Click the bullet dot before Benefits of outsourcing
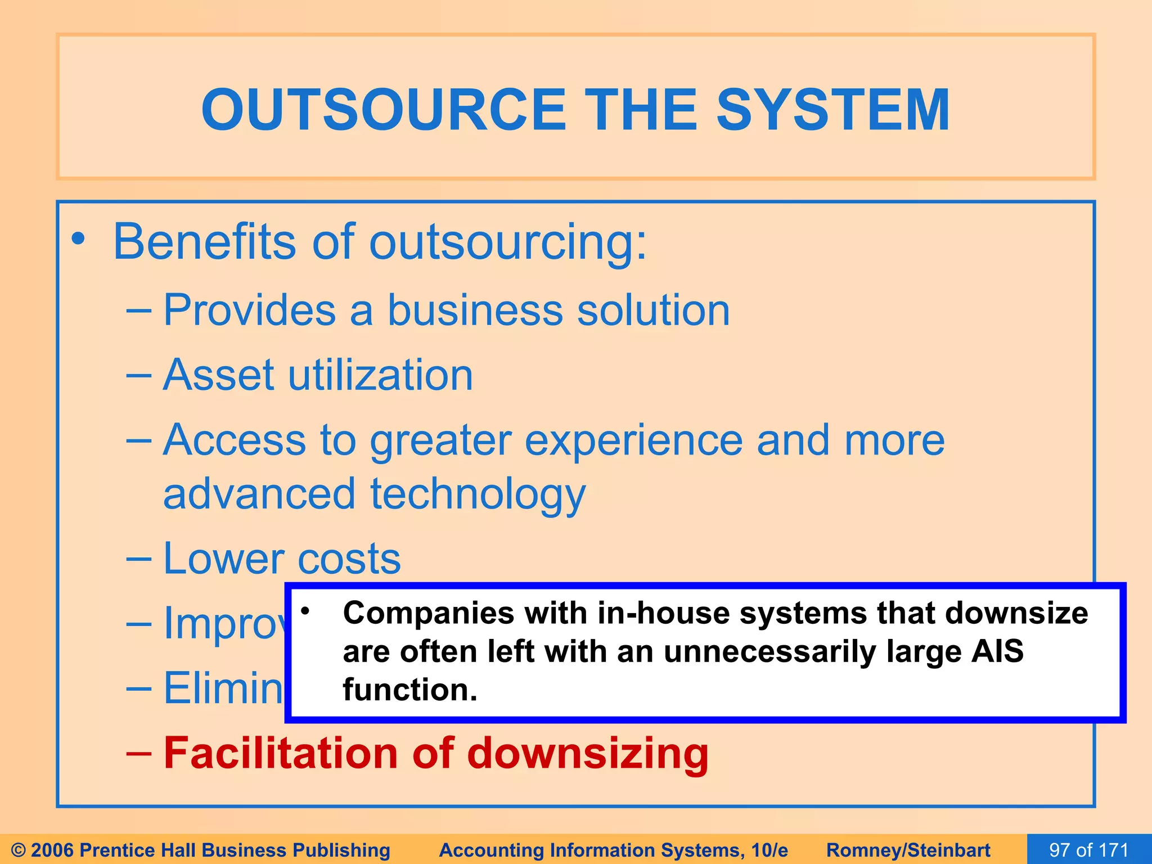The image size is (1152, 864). click(x=78, y=238)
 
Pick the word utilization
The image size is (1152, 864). click(x=380, y=375)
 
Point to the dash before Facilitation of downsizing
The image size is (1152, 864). click(x=138, y=753)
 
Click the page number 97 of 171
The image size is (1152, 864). click(x=1089, y=849)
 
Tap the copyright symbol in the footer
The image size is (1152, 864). click(x=19, y=850)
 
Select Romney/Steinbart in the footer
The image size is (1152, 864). click(x=908, y=850)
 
